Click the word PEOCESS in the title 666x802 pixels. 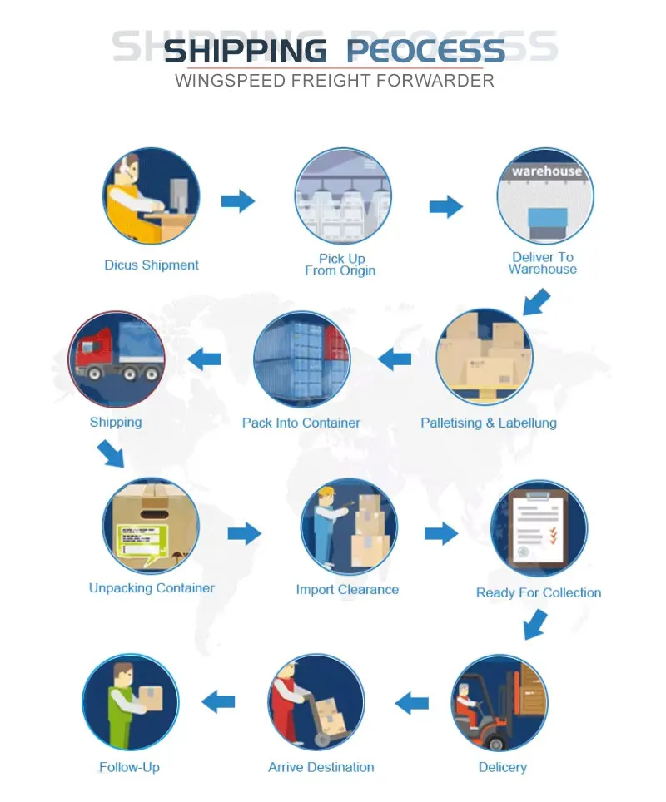click(425, 51)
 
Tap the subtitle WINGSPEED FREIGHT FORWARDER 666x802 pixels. click(335, 81)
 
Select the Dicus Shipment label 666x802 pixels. click(152, 265)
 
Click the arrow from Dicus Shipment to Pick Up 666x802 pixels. click(237, 200)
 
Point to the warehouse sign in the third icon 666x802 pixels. click(546, 171)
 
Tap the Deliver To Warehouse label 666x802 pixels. click(543, 263)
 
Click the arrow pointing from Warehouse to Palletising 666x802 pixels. click(536, 301)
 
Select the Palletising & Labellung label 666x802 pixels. click(489, 423)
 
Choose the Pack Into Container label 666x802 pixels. click(301, 423)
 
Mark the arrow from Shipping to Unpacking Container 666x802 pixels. click(111, 454)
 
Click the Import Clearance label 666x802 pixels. click(347, 590)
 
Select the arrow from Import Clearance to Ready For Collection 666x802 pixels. click(441, 533)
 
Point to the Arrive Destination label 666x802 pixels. click(321, 767)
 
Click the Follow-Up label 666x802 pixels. click(129, 767)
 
